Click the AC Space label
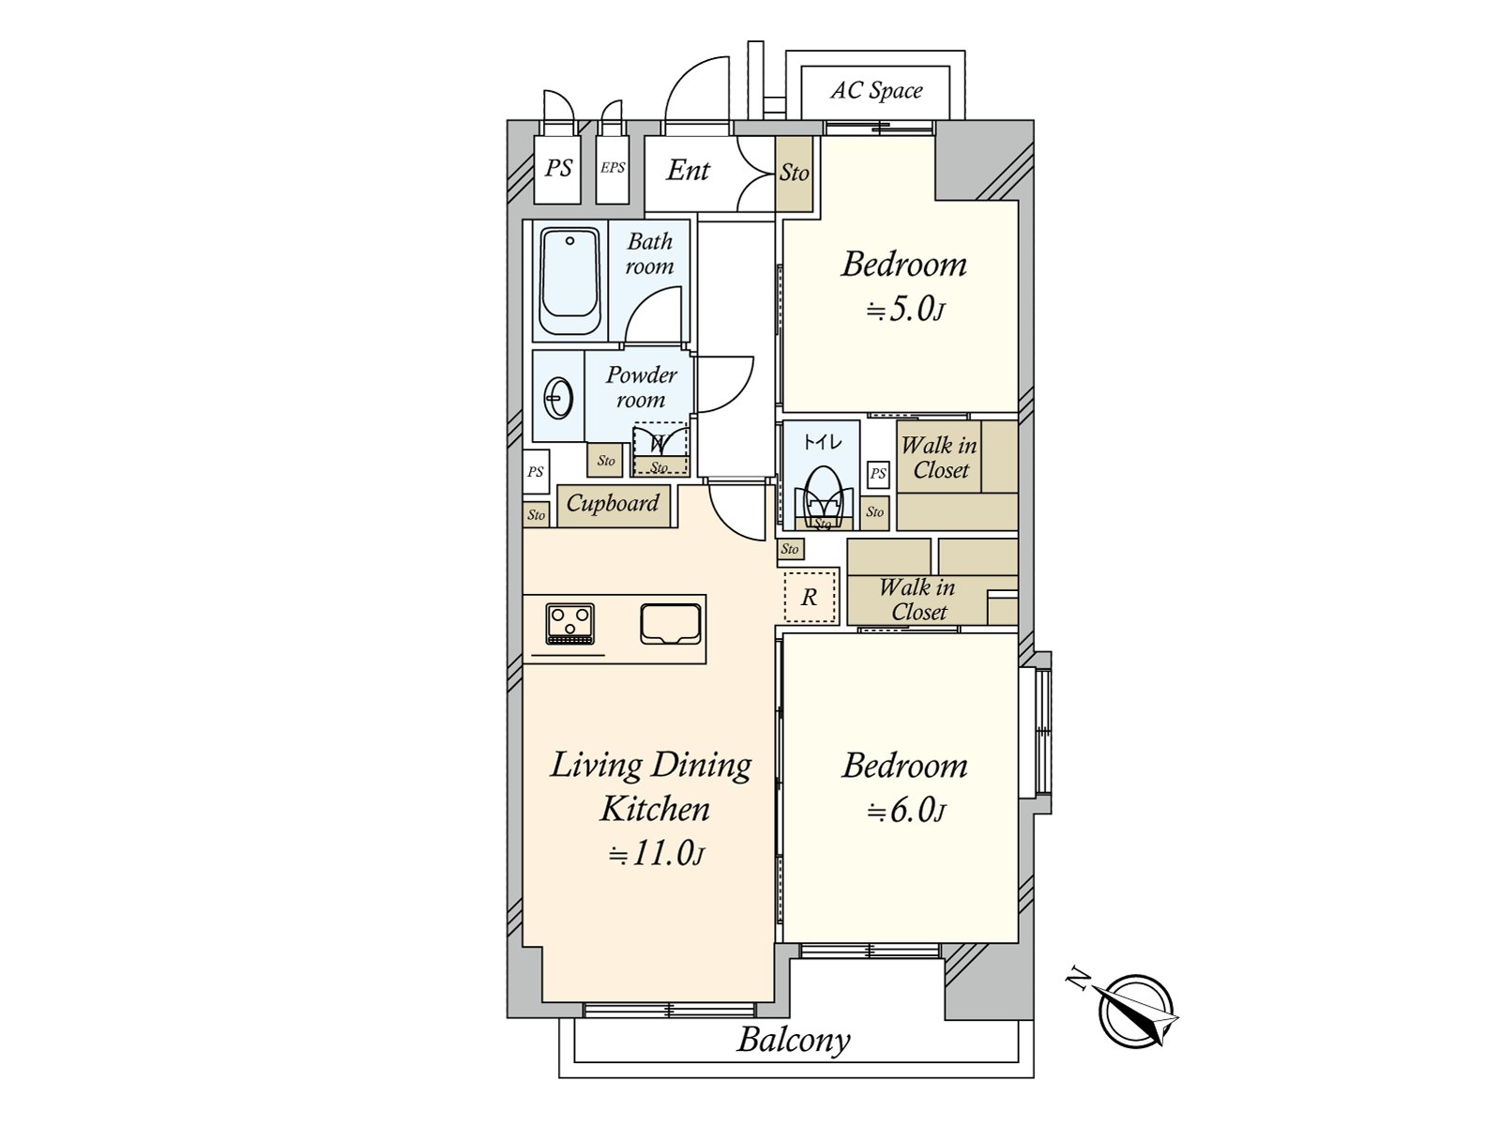point(876,90)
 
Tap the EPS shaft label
point(613,168)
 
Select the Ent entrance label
point(688,170)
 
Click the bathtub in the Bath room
point(569,281)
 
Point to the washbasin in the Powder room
point(559,397)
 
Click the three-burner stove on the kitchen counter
point(569,623)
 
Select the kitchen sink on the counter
point(671,623)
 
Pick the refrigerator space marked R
point(811,597)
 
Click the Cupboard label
point(613,504)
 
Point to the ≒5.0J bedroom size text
point(904,312)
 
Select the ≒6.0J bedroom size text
point(906,812)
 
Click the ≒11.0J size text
point(657,855)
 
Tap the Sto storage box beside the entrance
point(794,174)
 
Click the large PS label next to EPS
point(558,168)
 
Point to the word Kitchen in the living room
point(655,810)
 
